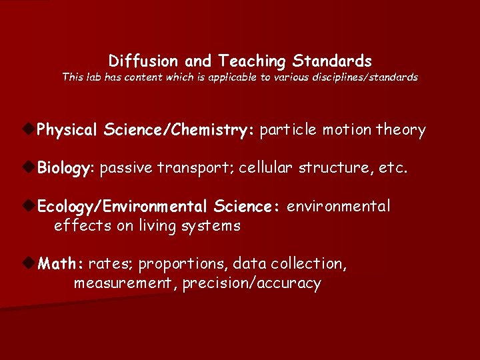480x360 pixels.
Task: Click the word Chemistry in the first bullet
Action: coord(213,130)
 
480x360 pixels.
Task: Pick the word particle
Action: coord(288,130)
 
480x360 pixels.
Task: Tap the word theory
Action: coord(401,130)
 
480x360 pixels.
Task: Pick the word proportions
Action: coord(183,264)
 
